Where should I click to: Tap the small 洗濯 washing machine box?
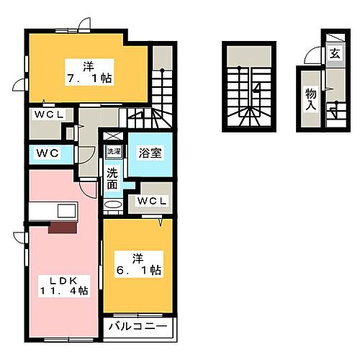[114, 151]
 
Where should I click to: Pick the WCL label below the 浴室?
[152, 201]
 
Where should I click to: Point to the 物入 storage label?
[310, 99]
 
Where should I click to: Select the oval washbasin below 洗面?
[113, 205]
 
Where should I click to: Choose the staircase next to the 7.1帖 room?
[163, 79]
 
